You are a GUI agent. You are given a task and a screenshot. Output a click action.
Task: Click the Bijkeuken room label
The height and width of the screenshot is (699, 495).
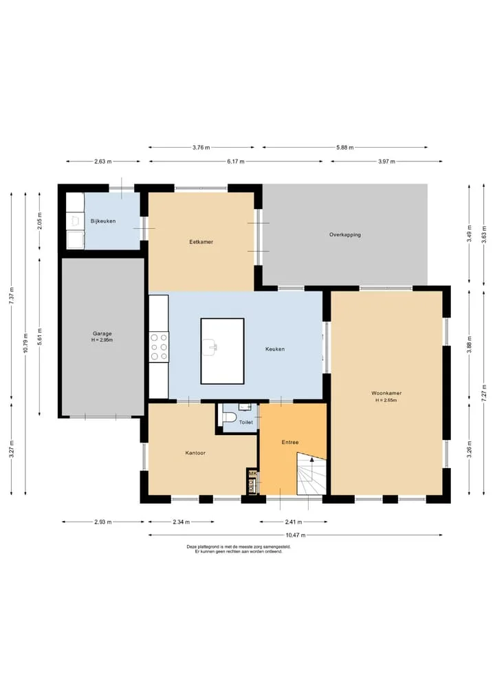click(103, 221)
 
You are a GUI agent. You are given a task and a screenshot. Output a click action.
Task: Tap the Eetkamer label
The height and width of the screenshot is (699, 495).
click(201, 242)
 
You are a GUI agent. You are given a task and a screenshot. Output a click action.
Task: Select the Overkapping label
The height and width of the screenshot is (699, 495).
click(345, 234)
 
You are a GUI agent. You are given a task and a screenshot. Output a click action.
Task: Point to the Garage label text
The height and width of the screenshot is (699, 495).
click(102, 333)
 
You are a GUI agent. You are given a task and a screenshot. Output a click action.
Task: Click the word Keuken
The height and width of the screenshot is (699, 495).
click(275, 349)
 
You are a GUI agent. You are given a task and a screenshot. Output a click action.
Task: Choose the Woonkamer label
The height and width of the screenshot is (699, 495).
click(386, 393)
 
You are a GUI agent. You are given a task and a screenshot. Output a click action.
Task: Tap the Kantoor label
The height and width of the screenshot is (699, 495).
click(195, 453)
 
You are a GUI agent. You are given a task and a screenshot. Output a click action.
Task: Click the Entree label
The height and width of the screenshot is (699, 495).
click(290, 442)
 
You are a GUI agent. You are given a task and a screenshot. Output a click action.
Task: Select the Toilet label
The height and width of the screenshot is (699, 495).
click(245, 422)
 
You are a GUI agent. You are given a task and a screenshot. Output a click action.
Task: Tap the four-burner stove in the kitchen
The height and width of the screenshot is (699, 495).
click(159, 347)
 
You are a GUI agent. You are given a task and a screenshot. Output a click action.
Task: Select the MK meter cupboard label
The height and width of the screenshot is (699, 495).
click(252, 474)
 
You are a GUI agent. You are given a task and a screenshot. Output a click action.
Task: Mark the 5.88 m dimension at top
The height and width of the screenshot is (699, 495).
click(344, 147)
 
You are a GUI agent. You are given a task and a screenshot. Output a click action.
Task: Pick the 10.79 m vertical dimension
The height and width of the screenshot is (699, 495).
click(25, 343)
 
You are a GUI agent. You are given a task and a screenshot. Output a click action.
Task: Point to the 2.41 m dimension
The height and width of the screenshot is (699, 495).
click(294, 522)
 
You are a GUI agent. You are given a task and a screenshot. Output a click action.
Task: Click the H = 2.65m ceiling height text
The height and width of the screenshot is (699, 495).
click(386, 400)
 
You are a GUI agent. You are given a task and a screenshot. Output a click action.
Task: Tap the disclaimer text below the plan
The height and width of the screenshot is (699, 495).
click(239, 548)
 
